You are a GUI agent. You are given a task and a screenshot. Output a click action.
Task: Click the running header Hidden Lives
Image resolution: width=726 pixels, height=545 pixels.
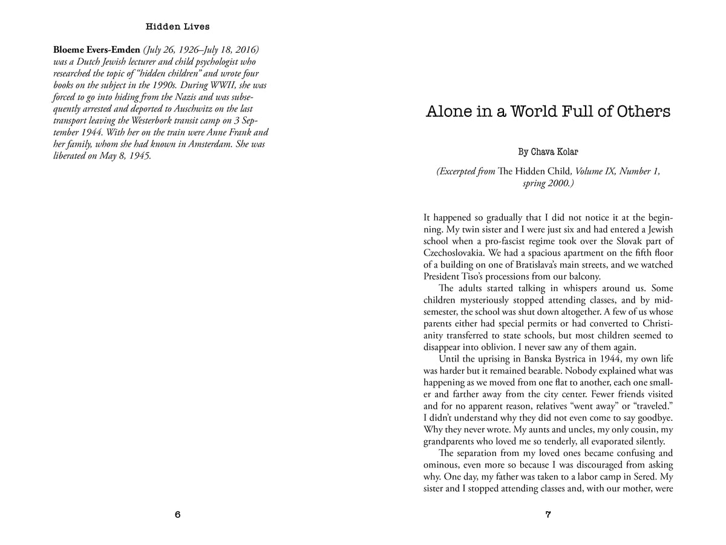pyautogui.click(x=177, y=27)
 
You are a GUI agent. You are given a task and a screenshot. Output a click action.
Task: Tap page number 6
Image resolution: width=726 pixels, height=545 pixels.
pyautogui.click(x=177, y=515)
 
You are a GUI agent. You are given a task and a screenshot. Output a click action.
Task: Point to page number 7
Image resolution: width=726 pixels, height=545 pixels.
pyautogui.click(x=548, y=515)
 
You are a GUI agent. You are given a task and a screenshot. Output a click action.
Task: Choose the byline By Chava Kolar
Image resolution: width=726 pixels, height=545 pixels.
pyautogui.click(x=548, y=151)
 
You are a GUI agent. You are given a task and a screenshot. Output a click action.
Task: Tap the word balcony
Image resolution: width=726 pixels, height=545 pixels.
pyautogui.click(x=581, y=276)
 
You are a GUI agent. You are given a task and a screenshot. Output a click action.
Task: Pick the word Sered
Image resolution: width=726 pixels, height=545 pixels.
pyautogui.click(x=649, y=477)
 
